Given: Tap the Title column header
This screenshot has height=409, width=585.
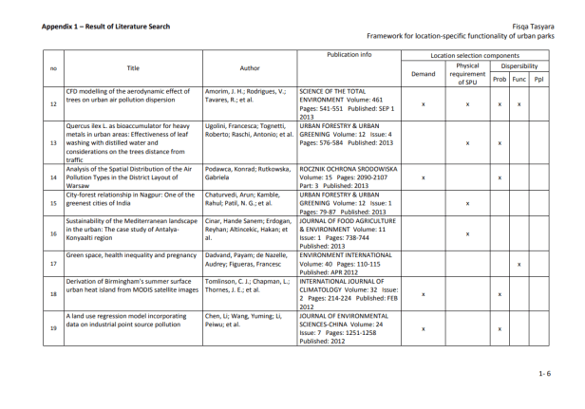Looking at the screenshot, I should pos(133,67).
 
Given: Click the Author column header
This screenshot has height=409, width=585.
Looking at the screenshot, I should pos(250,67).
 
